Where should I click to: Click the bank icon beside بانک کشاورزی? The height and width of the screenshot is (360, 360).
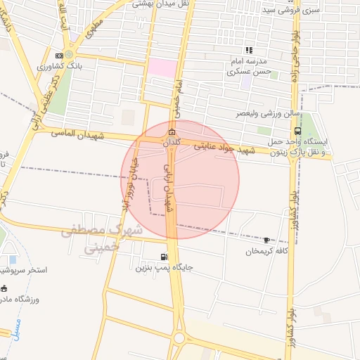[x=68, y=56]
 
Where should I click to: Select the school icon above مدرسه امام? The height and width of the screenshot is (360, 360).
[x=247, y=50]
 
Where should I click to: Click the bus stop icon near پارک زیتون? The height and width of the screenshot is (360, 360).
[x=298, y=131]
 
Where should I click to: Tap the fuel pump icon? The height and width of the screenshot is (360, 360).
[x=164, y=257]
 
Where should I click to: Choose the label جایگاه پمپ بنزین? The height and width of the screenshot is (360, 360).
[x=164, y=268]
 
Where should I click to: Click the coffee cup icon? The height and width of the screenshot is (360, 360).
[x=266, y=240]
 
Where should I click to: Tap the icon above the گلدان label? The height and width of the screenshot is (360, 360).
[x=171, y=132]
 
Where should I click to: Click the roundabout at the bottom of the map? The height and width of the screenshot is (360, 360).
[x=179, y=339]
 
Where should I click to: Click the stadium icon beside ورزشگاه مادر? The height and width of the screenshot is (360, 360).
[x=4, y=288]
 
